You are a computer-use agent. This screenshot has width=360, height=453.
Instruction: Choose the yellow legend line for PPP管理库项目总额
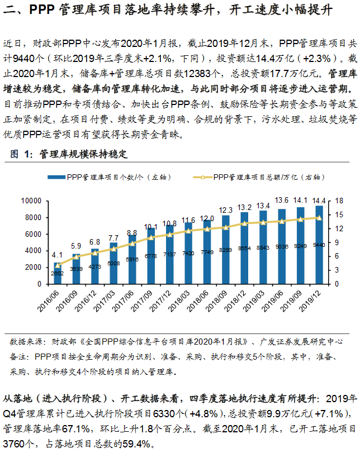202,177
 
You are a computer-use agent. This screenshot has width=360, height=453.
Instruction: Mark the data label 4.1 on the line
57,254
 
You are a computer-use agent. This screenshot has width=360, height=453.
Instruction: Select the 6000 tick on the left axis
34,234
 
